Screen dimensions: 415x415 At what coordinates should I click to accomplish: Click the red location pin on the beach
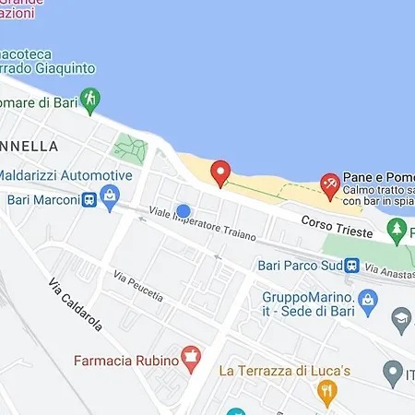(x=220, y=172)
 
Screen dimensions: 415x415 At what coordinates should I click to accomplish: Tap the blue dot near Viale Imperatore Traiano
(x=183, y=211)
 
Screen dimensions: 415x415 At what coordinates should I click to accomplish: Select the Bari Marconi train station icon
(x=89, y=199)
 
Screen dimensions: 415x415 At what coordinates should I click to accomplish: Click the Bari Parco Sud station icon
(x=352, y=265)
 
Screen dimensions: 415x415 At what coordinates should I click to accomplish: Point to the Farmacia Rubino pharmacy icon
(x=191, y=357)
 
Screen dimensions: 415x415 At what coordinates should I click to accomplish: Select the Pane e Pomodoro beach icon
(x=328, y=184)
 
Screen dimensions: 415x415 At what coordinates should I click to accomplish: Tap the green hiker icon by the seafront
(x=89, y=99)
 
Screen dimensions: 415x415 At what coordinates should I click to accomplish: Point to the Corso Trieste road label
(x=337, y=227)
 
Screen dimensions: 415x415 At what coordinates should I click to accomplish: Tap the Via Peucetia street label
(x=138, y=286)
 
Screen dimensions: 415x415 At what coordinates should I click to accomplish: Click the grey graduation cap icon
(x=401, y=320)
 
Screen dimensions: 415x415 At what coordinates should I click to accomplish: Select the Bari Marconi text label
(x=41, y=199)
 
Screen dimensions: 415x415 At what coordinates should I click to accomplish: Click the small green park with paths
(x=130, y=148)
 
